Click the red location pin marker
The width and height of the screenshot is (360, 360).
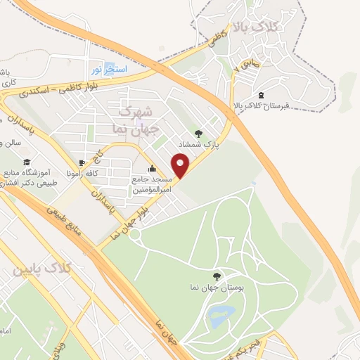181,165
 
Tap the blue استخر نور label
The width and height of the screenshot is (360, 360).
108,70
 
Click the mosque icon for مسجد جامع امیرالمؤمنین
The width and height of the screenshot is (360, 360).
153,169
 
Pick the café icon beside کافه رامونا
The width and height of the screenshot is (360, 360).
82,161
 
